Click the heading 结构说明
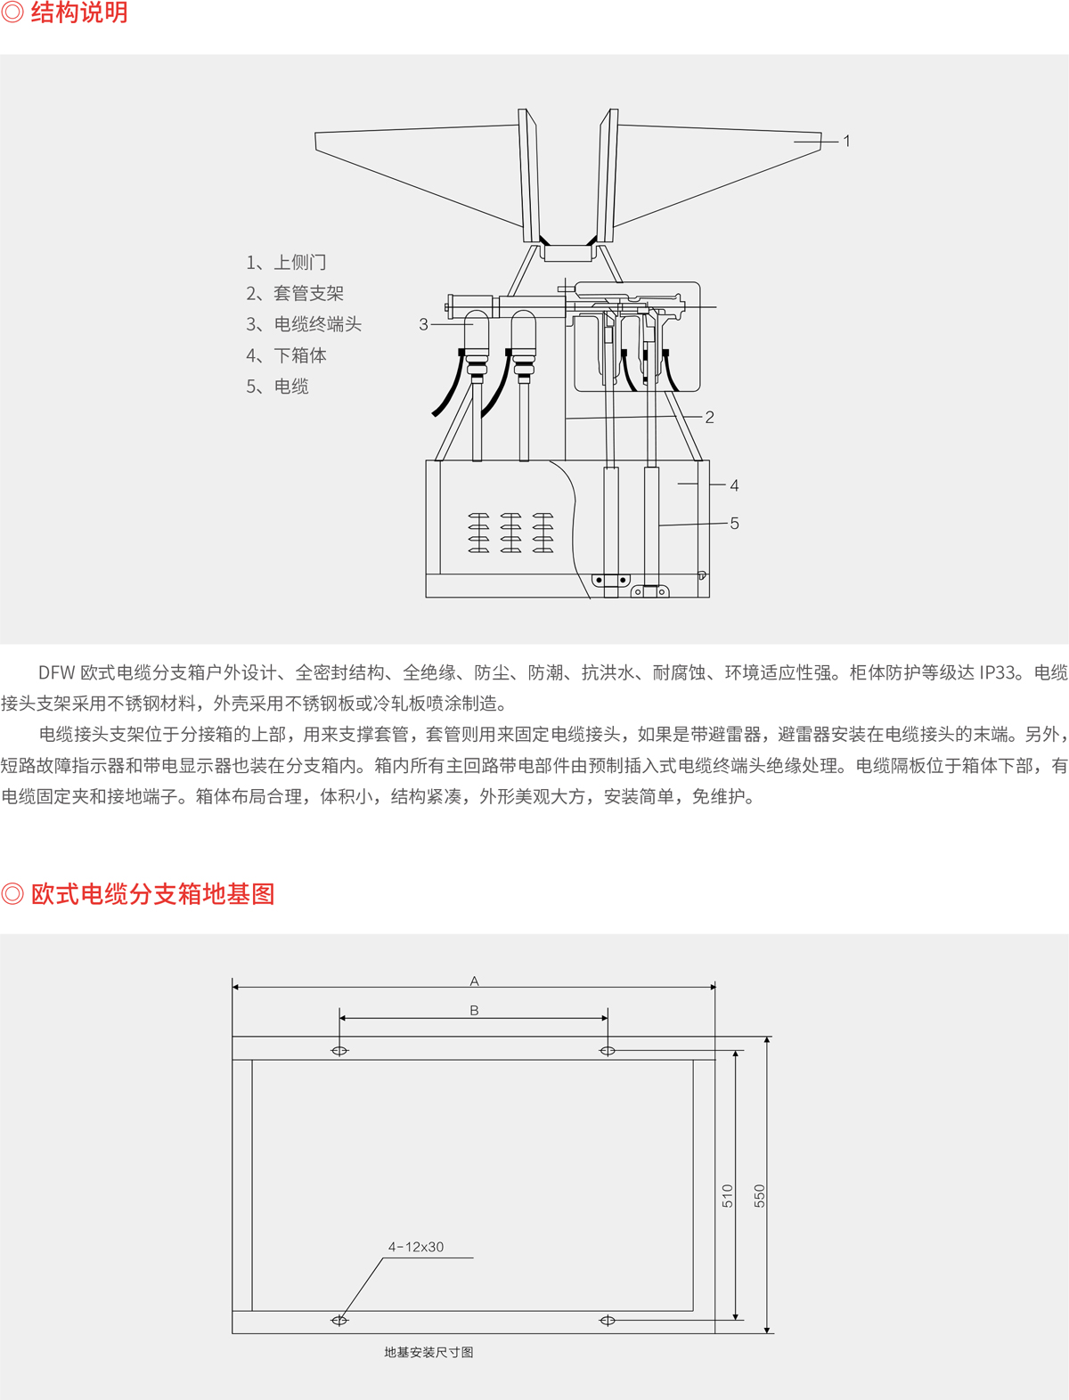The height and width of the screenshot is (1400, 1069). [79, 12]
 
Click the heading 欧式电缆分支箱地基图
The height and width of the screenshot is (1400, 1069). [152, 893]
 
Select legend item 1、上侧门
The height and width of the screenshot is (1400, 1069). [286, 262]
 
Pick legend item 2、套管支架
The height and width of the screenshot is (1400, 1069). [295, 293]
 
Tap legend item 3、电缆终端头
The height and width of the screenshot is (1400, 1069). [304, 324]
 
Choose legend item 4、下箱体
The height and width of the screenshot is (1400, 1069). [286, 355]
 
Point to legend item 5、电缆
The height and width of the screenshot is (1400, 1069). [277, 387]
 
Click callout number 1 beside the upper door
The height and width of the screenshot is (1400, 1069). [846, 141]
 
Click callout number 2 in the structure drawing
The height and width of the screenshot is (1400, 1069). [709, 417]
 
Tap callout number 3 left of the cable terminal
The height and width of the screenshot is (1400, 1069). [423, 325]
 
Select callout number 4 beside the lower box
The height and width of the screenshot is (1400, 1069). [734, 485]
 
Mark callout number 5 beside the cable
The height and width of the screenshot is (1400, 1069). [734, 524]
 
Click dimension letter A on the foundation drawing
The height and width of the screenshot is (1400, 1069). [474, 981]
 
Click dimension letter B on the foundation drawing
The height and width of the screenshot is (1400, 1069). [474, 1010]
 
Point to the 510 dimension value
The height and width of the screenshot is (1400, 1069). [727, 1196]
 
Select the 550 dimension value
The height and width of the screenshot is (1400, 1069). [759, 1196]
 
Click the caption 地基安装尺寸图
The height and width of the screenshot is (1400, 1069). [428, 1352]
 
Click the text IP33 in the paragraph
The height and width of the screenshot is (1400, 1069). [997, 672]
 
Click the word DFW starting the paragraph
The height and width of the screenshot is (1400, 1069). [57, 672]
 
